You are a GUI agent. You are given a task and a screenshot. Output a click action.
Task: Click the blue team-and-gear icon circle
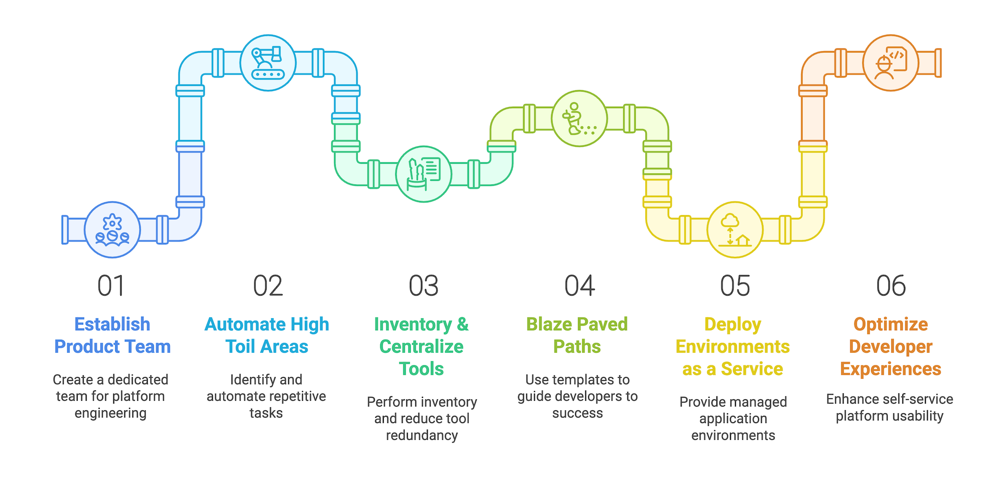112,230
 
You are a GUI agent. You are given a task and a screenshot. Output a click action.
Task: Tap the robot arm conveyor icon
268,63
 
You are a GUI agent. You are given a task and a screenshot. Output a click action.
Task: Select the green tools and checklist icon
424,174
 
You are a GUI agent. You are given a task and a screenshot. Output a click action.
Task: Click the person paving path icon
580,119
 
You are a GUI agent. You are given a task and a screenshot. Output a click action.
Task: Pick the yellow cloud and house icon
735,230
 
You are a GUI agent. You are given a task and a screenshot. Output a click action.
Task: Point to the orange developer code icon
891,63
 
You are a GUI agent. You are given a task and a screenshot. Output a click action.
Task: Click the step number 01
111,286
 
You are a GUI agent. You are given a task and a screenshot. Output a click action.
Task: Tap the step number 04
580,286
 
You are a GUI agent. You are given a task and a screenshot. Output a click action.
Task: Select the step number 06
891,286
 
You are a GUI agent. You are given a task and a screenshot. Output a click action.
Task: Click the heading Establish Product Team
112,335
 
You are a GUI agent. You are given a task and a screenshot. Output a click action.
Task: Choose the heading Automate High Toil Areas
267,335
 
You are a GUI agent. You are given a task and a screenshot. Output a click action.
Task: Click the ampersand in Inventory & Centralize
463,325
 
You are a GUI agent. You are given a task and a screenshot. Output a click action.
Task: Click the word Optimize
891,325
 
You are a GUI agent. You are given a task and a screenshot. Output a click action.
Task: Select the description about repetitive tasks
266,396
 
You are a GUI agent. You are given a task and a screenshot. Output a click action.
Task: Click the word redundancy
422,435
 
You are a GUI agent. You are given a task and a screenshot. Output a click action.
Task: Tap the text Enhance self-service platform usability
890,407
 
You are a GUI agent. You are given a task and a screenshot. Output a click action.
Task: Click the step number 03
424,286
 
